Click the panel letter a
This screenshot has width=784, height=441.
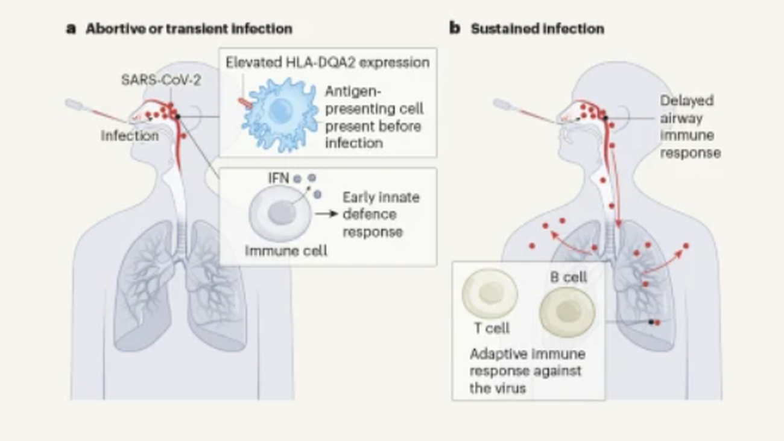71,28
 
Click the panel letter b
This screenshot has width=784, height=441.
455,28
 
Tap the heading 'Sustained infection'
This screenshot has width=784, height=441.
537,29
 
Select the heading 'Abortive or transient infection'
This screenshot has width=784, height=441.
189,29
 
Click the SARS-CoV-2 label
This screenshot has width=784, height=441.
160,80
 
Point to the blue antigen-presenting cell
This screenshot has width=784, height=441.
279,113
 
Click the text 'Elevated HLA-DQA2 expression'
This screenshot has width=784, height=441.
327,62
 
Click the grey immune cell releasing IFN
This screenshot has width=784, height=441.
280,214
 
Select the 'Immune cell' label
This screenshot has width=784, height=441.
286,250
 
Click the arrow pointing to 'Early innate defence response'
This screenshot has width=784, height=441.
326,214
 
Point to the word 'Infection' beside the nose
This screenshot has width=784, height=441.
130,136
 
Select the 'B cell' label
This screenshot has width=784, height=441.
569,278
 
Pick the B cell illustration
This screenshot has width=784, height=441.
567,312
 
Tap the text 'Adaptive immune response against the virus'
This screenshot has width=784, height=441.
527,370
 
